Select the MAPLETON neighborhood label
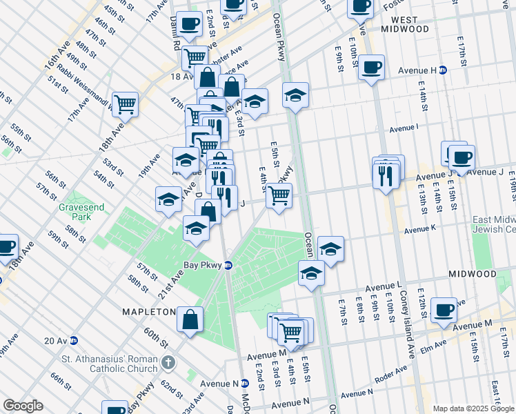click(149, 312)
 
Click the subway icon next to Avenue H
click(444, 70)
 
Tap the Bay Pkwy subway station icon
click(228, 265)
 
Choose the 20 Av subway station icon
click(73, 340)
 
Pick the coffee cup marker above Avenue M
click(444, 308)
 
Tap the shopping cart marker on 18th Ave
click(126, 104)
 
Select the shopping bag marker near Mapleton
click(189, 319)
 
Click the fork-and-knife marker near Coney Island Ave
click(385, 175)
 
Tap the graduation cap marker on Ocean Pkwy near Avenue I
click(295, 96)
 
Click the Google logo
click(23, 406)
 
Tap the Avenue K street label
click(421, 230)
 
